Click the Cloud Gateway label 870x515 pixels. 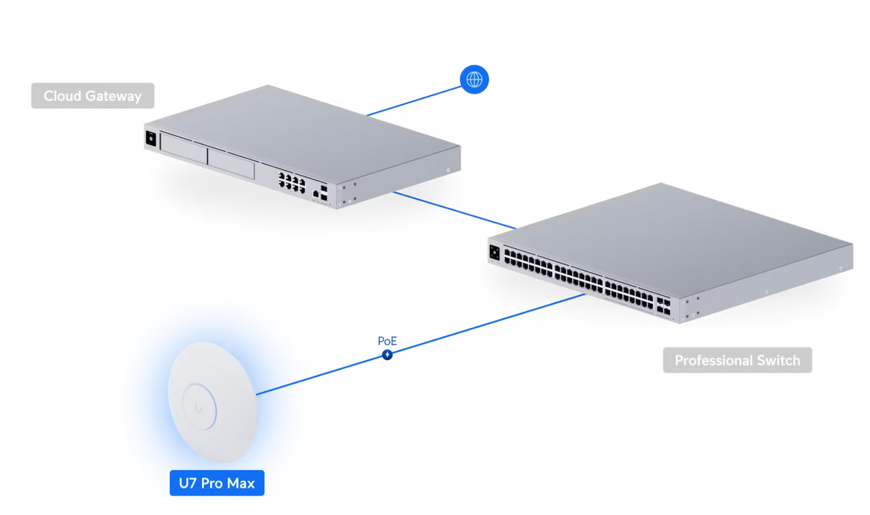pyautogui.click(x=92, y=96)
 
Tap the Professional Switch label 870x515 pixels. pyautogui.click(x=737, y=360)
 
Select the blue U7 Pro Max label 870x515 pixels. pyautogui.click(x=216, y=483)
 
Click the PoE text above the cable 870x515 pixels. pyautogui.click(x=387, y=341)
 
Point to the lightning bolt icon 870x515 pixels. pyautogui.click(x=387, y=355)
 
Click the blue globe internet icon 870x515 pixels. pyautogui.click(x=474, y=80)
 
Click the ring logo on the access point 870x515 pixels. pyautogui.click(x=199, y=407)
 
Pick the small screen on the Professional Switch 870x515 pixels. pyautogui.click(x=494, y=252)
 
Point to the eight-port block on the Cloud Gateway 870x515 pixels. pyautogui.click(x=292, y=181)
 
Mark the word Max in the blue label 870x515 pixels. pyautogui.click(x=242, y=483)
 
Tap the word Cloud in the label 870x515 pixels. pyautogui.click(x=61, y=96)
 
